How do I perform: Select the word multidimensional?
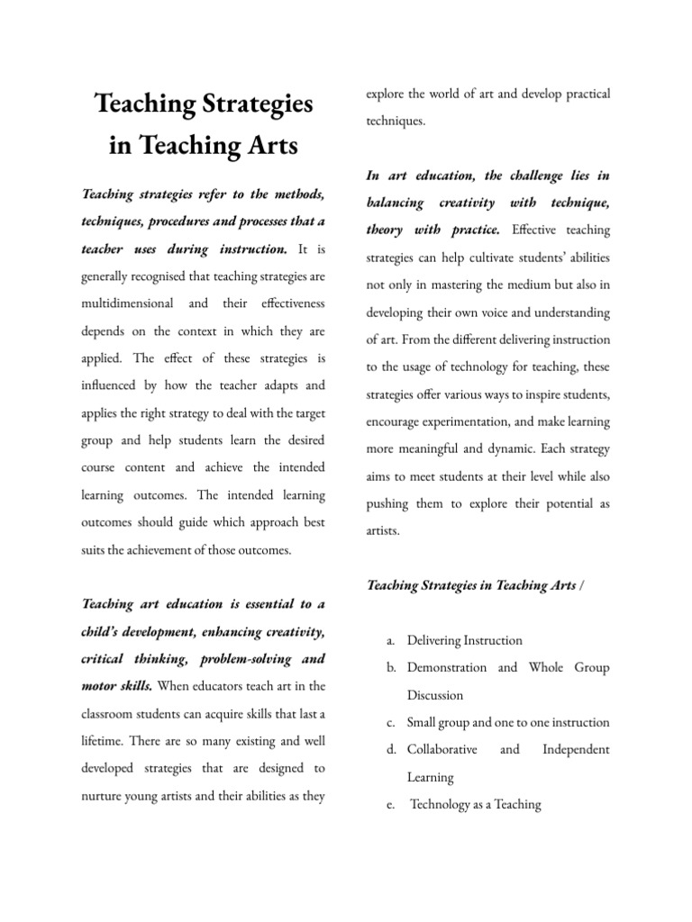pyautogui.click(x=134, y=303)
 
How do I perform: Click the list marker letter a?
pyautogui.click(x=388, y=641)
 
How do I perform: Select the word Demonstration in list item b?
pyautogui.click(x=448, y=668)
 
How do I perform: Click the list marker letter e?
pyautogui.click(x=388, y=805)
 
